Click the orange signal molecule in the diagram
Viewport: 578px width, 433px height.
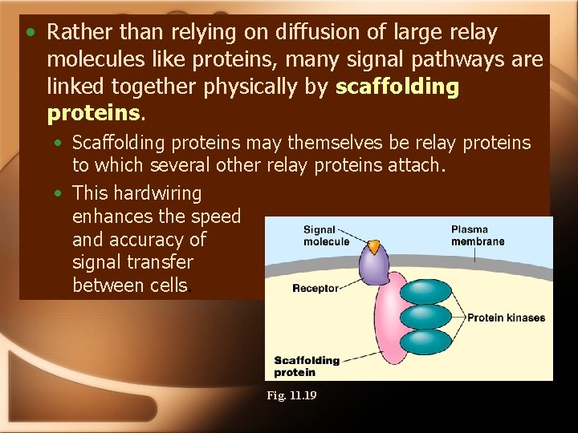coord(374,246)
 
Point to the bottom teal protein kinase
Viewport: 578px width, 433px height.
coord(425,342)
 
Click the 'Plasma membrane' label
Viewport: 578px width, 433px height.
coord(478,235)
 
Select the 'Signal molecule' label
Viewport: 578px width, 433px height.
coord(326,236)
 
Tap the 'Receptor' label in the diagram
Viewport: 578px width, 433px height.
coord(315,289)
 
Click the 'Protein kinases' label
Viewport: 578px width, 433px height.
coord(506,318)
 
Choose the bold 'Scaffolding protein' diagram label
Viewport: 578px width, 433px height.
coord(307,366)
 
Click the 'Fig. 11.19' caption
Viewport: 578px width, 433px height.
coord(292,395)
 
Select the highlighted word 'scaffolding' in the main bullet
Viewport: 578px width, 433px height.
coord(397,87)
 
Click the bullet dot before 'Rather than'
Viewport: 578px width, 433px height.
coord(30,33)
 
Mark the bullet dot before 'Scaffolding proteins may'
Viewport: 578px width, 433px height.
coord(60,144)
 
